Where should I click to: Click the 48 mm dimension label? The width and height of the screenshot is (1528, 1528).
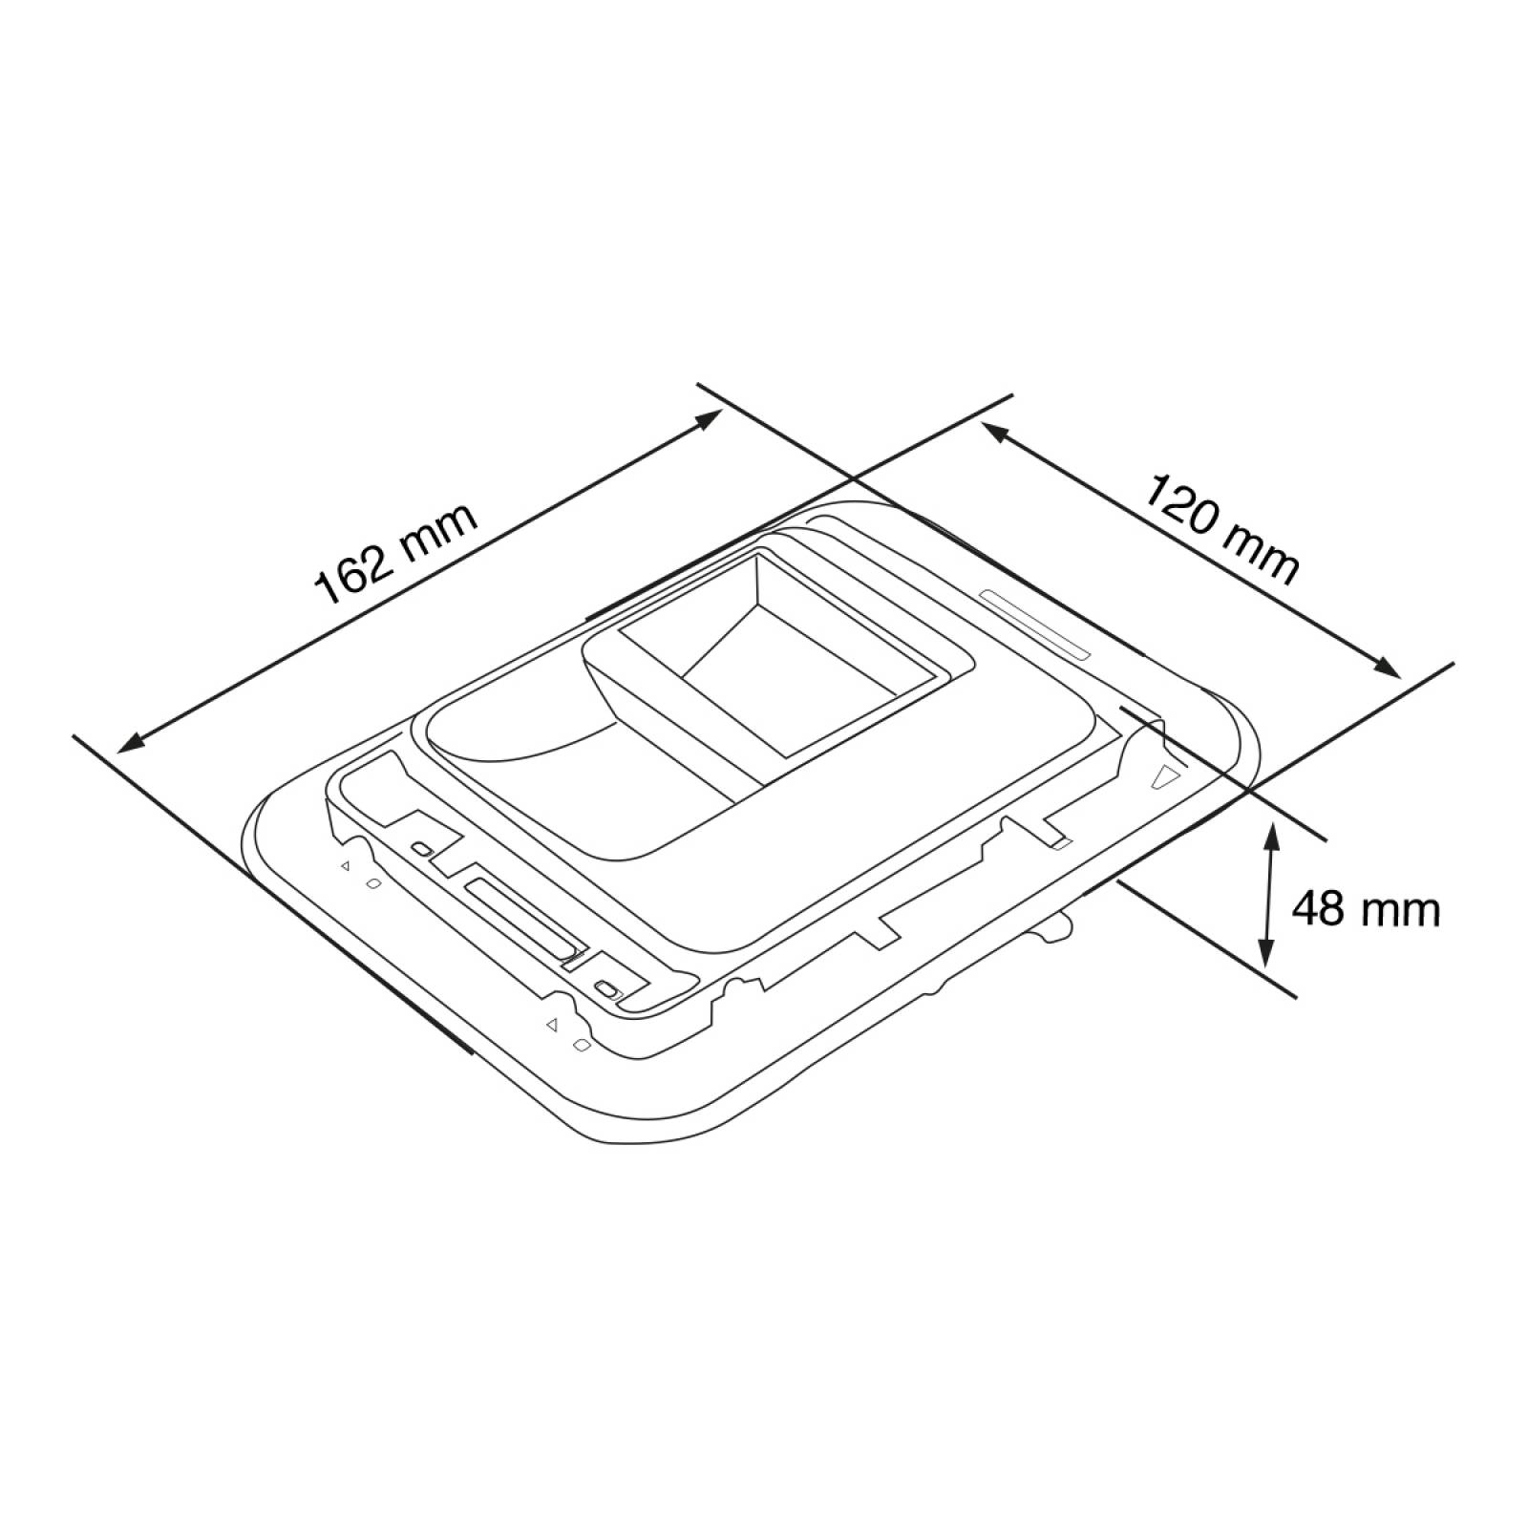(x=1365, y=909)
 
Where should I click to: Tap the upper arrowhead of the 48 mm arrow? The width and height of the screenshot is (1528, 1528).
(x=1271, y=832)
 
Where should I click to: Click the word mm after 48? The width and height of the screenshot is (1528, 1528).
(x=1402, y=909)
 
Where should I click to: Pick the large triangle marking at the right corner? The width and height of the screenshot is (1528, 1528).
(x=1164, y=775)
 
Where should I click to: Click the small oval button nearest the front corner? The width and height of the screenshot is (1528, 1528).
(x=605, y=988)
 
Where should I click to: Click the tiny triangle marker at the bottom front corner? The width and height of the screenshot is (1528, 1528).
(x=551, y=1026)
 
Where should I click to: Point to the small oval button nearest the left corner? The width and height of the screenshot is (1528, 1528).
(x=420, y=848)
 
